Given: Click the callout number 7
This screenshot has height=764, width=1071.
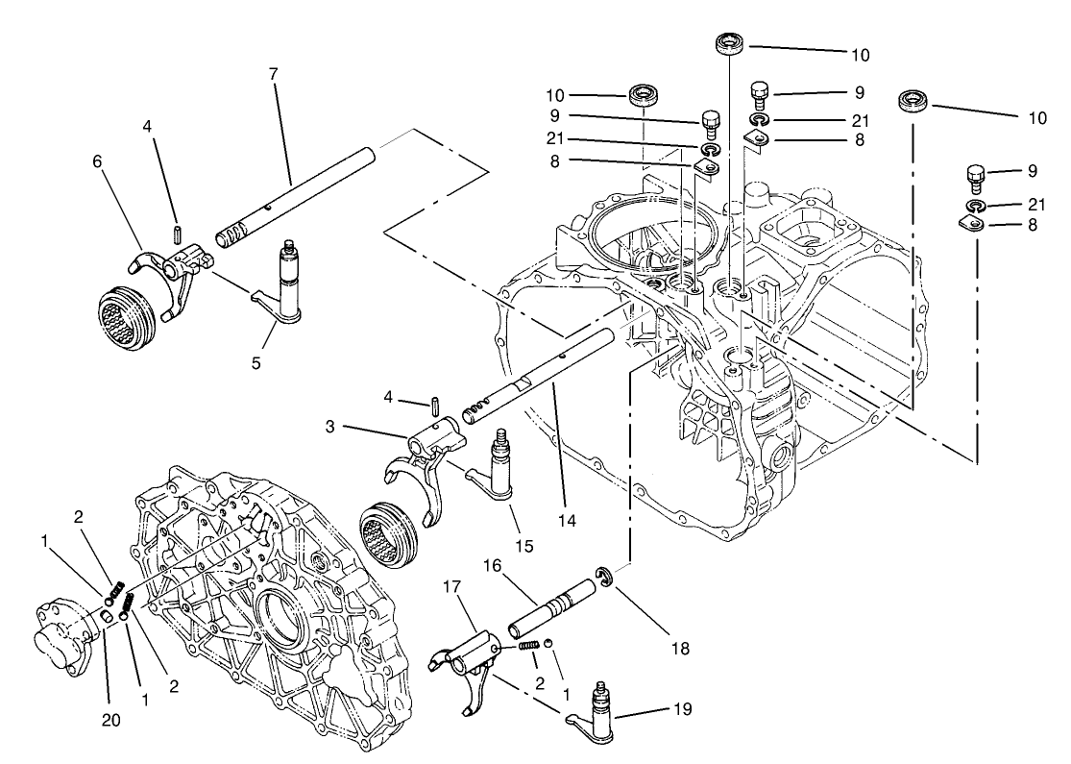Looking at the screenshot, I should coord(274,75).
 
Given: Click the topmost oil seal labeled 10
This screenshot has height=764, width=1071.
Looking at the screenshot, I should coord(731,43).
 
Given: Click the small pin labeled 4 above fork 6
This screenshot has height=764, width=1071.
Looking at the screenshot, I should coord(177,234).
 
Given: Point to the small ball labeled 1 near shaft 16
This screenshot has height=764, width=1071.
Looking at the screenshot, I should coord(548,644).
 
